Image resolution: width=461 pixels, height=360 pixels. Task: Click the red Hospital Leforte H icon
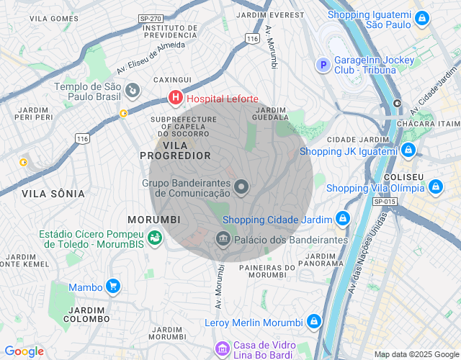[175, 97]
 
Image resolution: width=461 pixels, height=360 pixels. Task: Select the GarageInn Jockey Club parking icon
[323, 66]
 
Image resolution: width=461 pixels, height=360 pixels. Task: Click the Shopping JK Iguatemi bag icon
[408, 150]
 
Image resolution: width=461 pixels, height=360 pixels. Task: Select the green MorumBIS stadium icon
[154, 237]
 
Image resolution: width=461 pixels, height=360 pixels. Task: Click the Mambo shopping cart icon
[113, 287]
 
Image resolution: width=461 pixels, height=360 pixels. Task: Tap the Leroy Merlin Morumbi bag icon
[314, 321]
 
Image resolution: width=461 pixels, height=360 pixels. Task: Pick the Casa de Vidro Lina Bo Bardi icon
[223, 349]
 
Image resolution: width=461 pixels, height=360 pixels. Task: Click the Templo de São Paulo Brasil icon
[133, 91]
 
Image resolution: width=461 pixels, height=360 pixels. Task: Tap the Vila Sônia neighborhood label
[53, 194]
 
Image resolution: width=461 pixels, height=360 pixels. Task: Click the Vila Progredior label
[175, 150]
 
